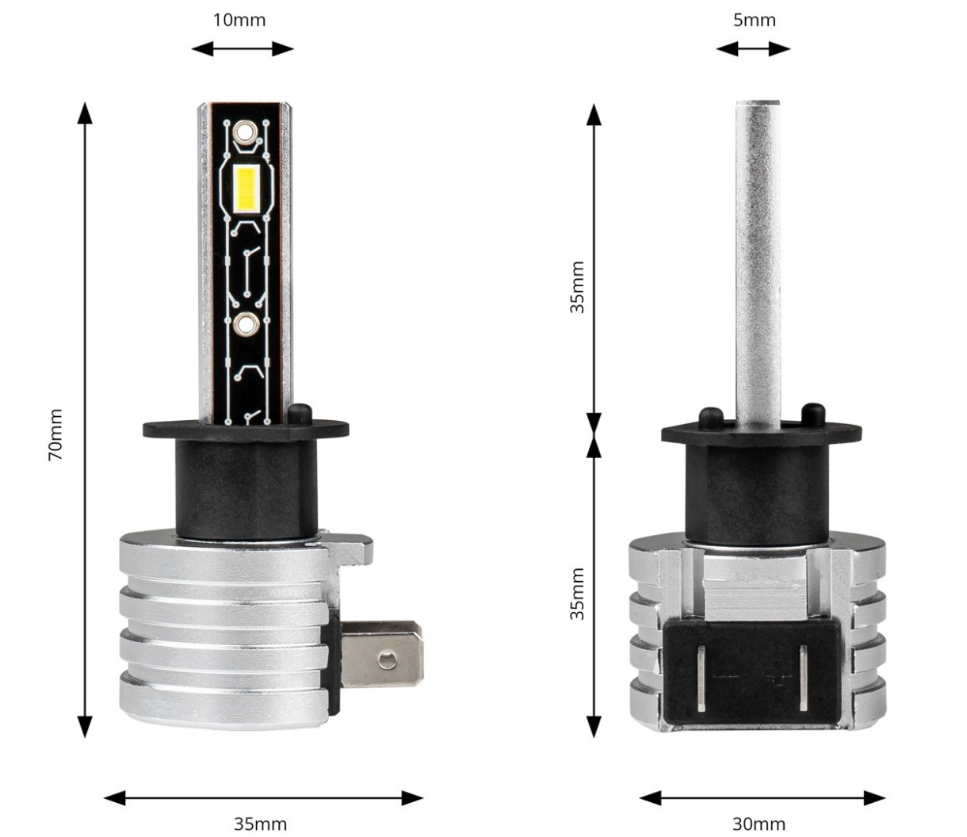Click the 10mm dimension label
[x=239, y=20]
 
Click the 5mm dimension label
[x=754, y=20]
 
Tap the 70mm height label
[x=55, y=435]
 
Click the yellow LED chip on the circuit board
[x=246, y=189]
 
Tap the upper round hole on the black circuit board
[x=244, y=132]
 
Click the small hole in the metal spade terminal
[x=387, y=660]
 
